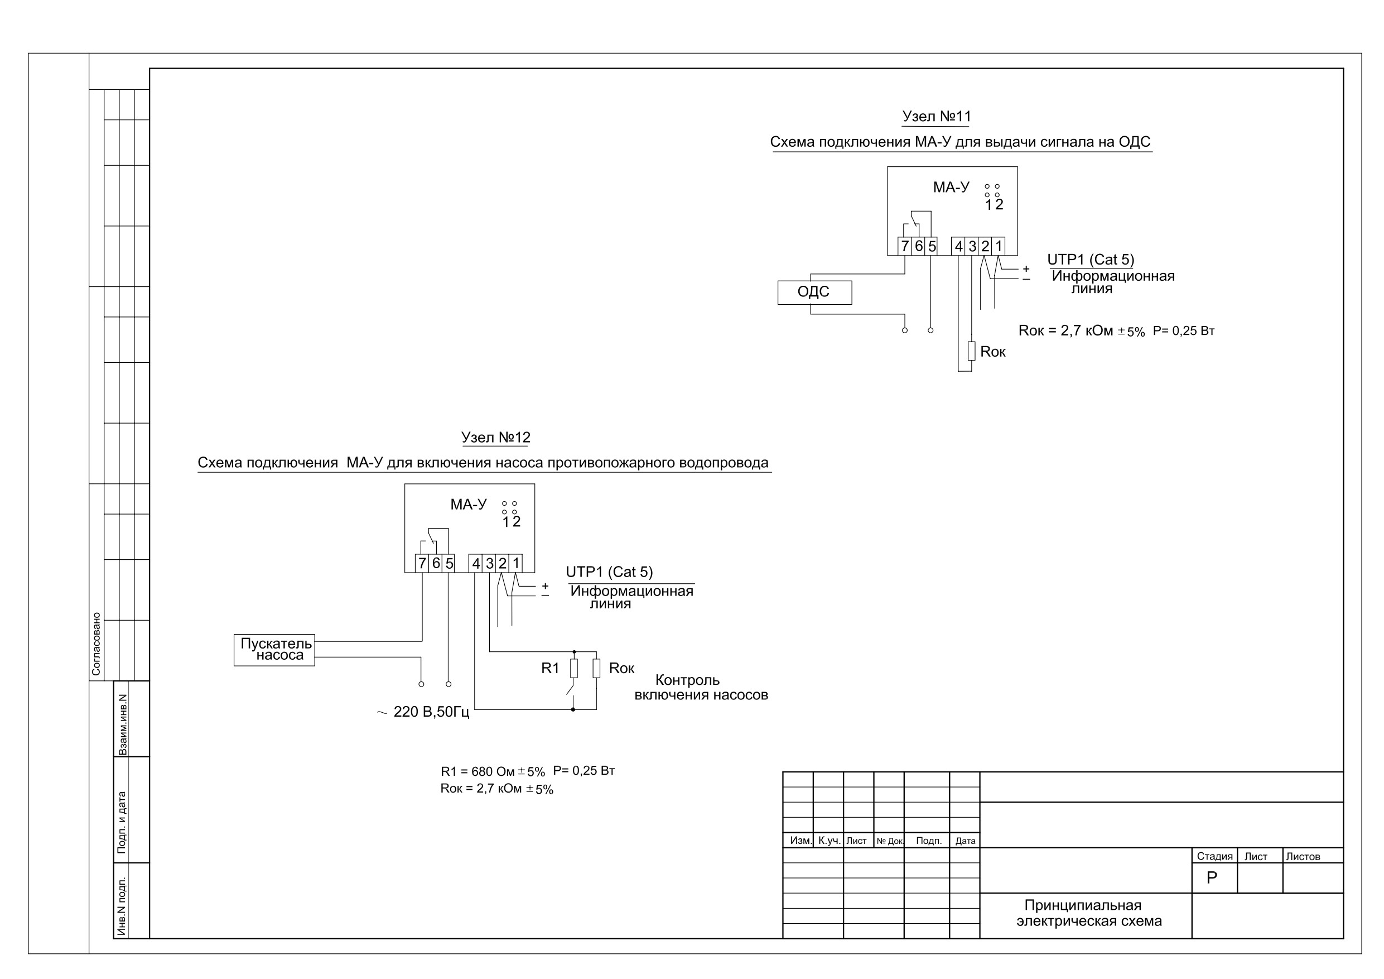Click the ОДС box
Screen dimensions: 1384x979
coord(814,292)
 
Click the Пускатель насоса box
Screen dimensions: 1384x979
coord(274,650)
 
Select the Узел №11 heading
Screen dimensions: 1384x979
coord(936,117)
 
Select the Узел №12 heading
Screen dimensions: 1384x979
coord(495,438)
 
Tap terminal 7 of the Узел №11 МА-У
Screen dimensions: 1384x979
coord(904,246)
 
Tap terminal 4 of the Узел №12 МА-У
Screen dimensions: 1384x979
coord(476,563)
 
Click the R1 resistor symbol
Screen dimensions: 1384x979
coord(574,668)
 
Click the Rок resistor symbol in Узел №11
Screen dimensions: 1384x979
coord(971,351)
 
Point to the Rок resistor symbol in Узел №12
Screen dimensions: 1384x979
coord(596,668)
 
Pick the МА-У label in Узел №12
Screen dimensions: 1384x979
coord(469,505)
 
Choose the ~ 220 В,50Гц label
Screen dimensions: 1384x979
coord(423,712)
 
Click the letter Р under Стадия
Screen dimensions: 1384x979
coord(1212,877)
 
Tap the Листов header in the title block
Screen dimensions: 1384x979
coord(1303,857)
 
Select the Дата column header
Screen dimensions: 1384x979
coord(965,841)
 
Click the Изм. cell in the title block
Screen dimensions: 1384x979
coord(801,840)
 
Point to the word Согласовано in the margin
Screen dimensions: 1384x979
coord(96,644)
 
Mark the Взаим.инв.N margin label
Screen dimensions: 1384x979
coord(122,724)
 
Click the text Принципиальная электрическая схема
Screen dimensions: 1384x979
coord(1089,913)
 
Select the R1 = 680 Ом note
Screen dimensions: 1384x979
coord(493,771)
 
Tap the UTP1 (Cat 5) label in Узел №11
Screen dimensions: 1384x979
coord(1091,260)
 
